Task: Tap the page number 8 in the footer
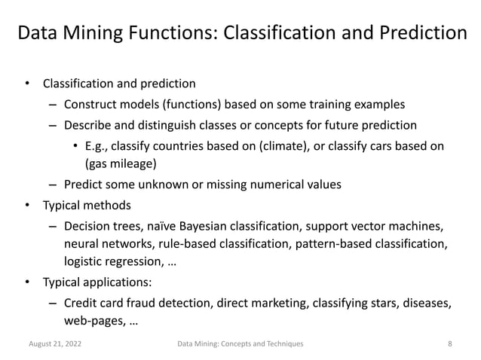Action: (449, 343)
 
